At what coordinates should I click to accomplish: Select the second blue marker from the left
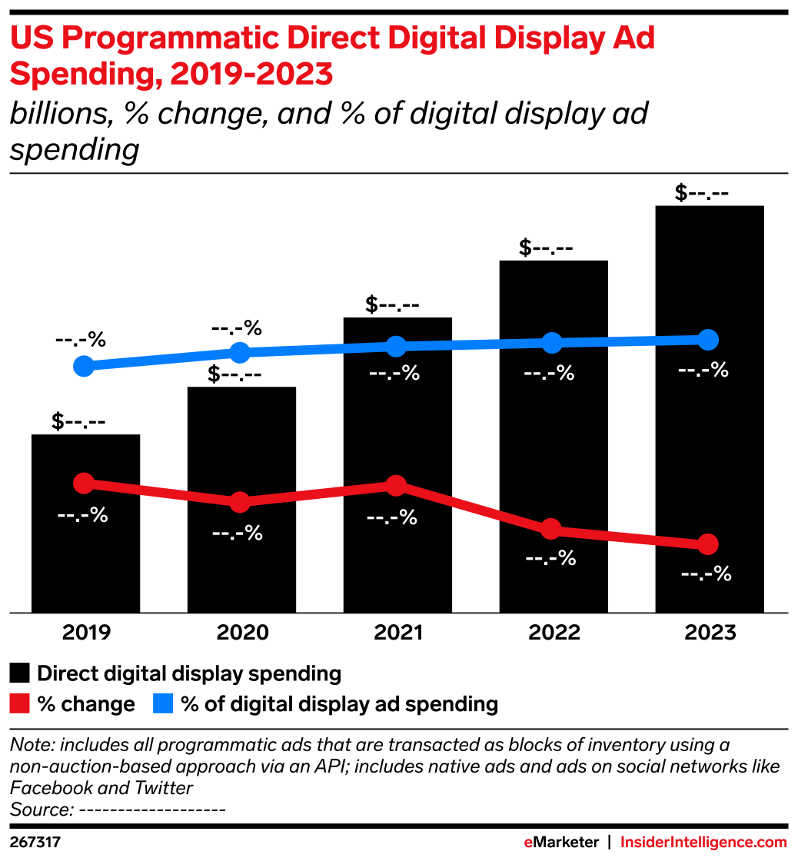pyautogui.click(x=240, y=353)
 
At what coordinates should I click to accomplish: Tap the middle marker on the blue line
pyautogui.click(x=395, y=347)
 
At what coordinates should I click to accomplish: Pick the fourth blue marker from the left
pyautogui.click(x=551, y=343)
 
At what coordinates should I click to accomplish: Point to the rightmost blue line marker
pyautogui.click(x=708, y=340)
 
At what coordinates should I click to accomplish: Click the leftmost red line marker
pyautogui.click(x=83, y=483)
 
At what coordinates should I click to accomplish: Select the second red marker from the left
pyautogui.click(x=240, y=502)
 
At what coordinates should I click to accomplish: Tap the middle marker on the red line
pyautogui.click(x=395, y=485)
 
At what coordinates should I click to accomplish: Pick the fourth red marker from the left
pyautogui.click(x=550, y=529)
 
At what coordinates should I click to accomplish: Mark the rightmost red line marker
pyautogui.click(x=708, y=544)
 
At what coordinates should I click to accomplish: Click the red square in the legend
pyautogui.click(x=19, y=703)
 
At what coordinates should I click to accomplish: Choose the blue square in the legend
pyautogui.click(x=163, y=703)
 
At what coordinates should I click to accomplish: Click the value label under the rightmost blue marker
pyautogui.click(x=703, y=371)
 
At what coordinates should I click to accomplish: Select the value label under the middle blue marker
pyautogui.click(x=394, y=374)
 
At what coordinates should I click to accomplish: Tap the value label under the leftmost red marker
pyautogui.click(x=82, y=515)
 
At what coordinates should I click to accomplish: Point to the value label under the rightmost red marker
pyautogui.click(x=706, y=573)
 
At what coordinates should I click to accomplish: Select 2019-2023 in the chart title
pyautogui.click(x=251, y=75)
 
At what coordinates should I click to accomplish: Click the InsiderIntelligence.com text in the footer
pyautogui.click(x=703, y=843)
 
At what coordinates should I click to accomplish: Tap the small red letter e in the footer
pyautogui.click(x=528, y=843)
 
